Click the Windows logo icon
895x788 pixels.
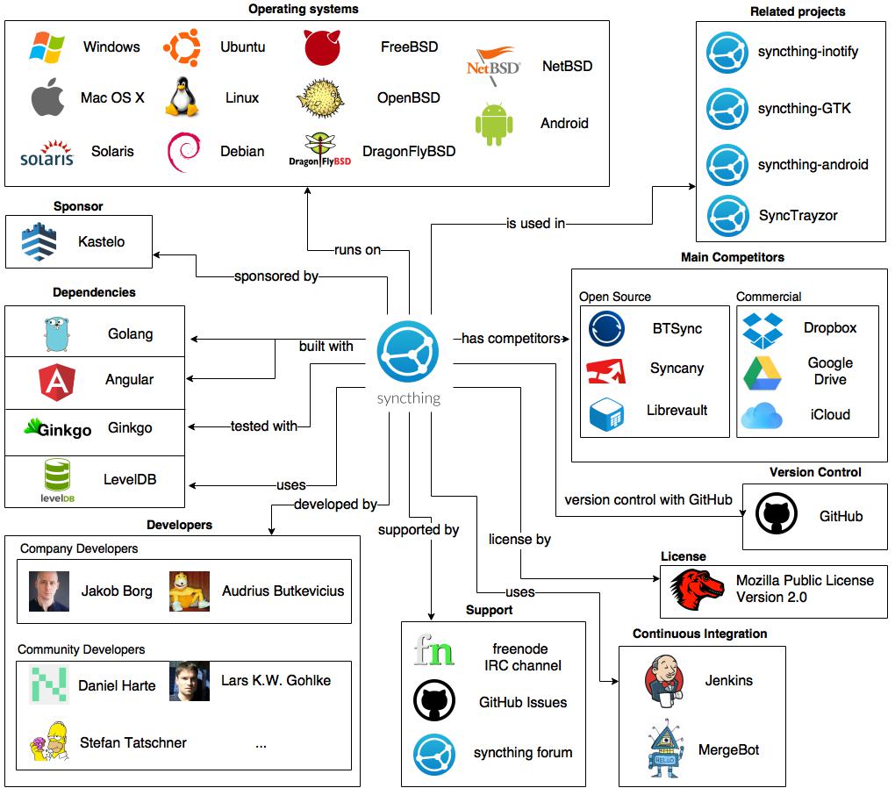(x=47, y=47)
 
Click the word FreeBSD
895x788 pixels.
(x=409, y=47)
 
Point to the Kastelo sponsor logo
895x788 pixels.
(x=39, y=241)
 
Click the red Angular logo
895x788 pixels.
(x=57, y=380)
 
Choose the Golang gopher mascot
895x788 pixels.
(x=56, y=334)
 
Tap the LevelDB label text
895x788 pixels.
(x=130, y=480)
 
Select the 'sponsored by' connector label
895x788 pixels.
(x=276, y=276)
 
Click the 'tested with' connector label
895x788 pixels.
(x=263, y=426)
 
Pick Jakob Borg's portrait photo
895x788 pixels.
(x=49, y=591)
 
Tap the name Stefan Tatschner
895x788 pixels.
(x=133, y=742)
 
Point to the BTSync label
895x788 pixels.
(x=677, y=328)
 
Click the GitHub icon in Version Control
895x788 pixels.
(x=777, y=515)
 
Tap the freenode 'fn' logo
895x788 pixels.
(x=434, y=650)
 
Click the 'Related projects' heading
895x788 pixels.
(x=797, y=11)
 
